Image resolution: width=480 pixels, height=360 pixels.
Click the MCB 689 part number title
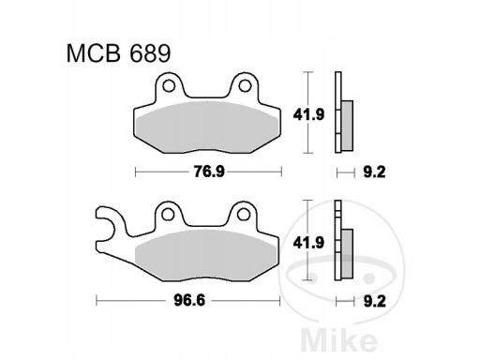(x=118, y=53)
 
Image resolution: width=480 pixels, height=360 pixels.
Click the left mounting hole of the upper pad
(x=169, y=85)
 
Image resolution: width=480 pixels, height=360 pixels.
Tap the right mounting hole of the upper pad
(x=245, y=85)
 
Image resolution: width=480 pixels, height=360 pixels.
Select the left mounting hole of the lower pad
(x=168, y=215)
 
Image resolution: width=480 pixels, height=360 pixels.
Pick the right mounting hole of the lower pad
(x=243, y=215)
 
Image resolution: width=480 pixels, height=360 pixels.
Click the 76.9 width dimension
(x=209, y=172)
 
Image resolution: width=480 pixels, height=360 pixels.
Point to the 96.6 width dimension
(x=189, y=301)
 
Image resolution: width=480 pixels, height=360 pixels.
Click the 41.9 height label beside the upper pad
(x=308, y=114)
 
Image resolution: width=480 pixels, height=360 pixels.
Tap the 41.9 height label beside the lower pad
(x=308, y=243)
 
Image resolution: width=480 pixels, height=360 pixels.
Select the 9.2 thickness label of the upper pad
(x=374, y=172)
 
